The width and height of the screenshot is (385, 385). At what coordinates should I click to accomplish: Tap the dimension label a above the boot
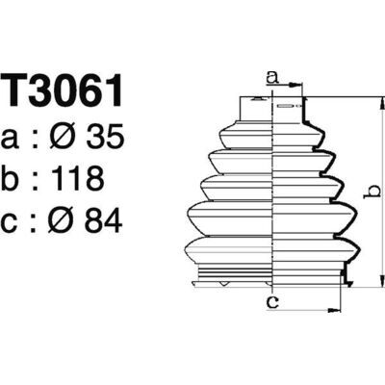[x=271, y=77]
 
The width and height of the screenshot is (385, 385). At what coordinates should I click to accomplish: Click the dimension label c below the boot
[x=273, y=302]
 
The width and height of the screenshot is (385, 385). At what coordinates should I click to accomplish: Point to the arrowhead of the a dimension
[x=297, y=96]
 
